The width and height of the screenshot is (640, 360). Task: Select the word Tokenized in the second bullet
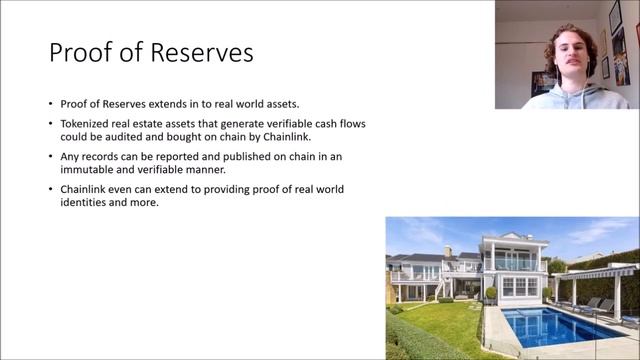81,123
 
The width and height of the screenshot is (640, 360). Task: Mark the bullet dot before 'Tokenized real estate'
51,123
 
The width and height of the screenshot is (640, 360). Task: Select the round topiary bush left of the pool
491,294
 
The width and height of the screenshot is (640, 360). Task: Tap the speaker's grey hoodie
565,99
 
